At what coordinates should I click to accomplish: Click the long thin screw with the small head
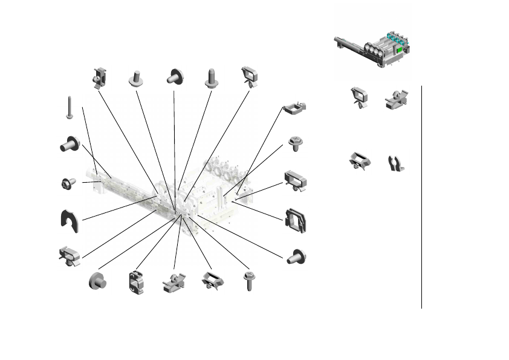pyautogui.click(x=70, y=107)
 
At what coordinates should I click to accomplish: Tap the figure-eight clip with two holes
pyautogui.click(x=134, y=283)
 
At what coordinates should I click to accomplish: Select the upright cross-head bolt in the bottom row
pyautogui.click(x=248, y=282)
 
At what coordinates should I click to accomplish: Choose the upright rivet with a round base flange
pyautogui.click(x=135, y=79)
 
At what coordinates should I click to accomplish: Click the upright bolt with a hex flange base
pyautogui.click(x=211, y=78)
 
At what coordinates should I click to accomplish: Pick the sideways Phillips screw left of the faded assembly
pyautogui.click(x=67, y=183)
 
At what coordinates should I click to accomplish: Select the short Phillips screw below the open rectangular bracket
pyautogui.click(x=296, y=143)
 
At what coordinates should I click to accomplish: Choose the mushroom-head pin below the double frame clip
pyautogui.click(x=296, y=256)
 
